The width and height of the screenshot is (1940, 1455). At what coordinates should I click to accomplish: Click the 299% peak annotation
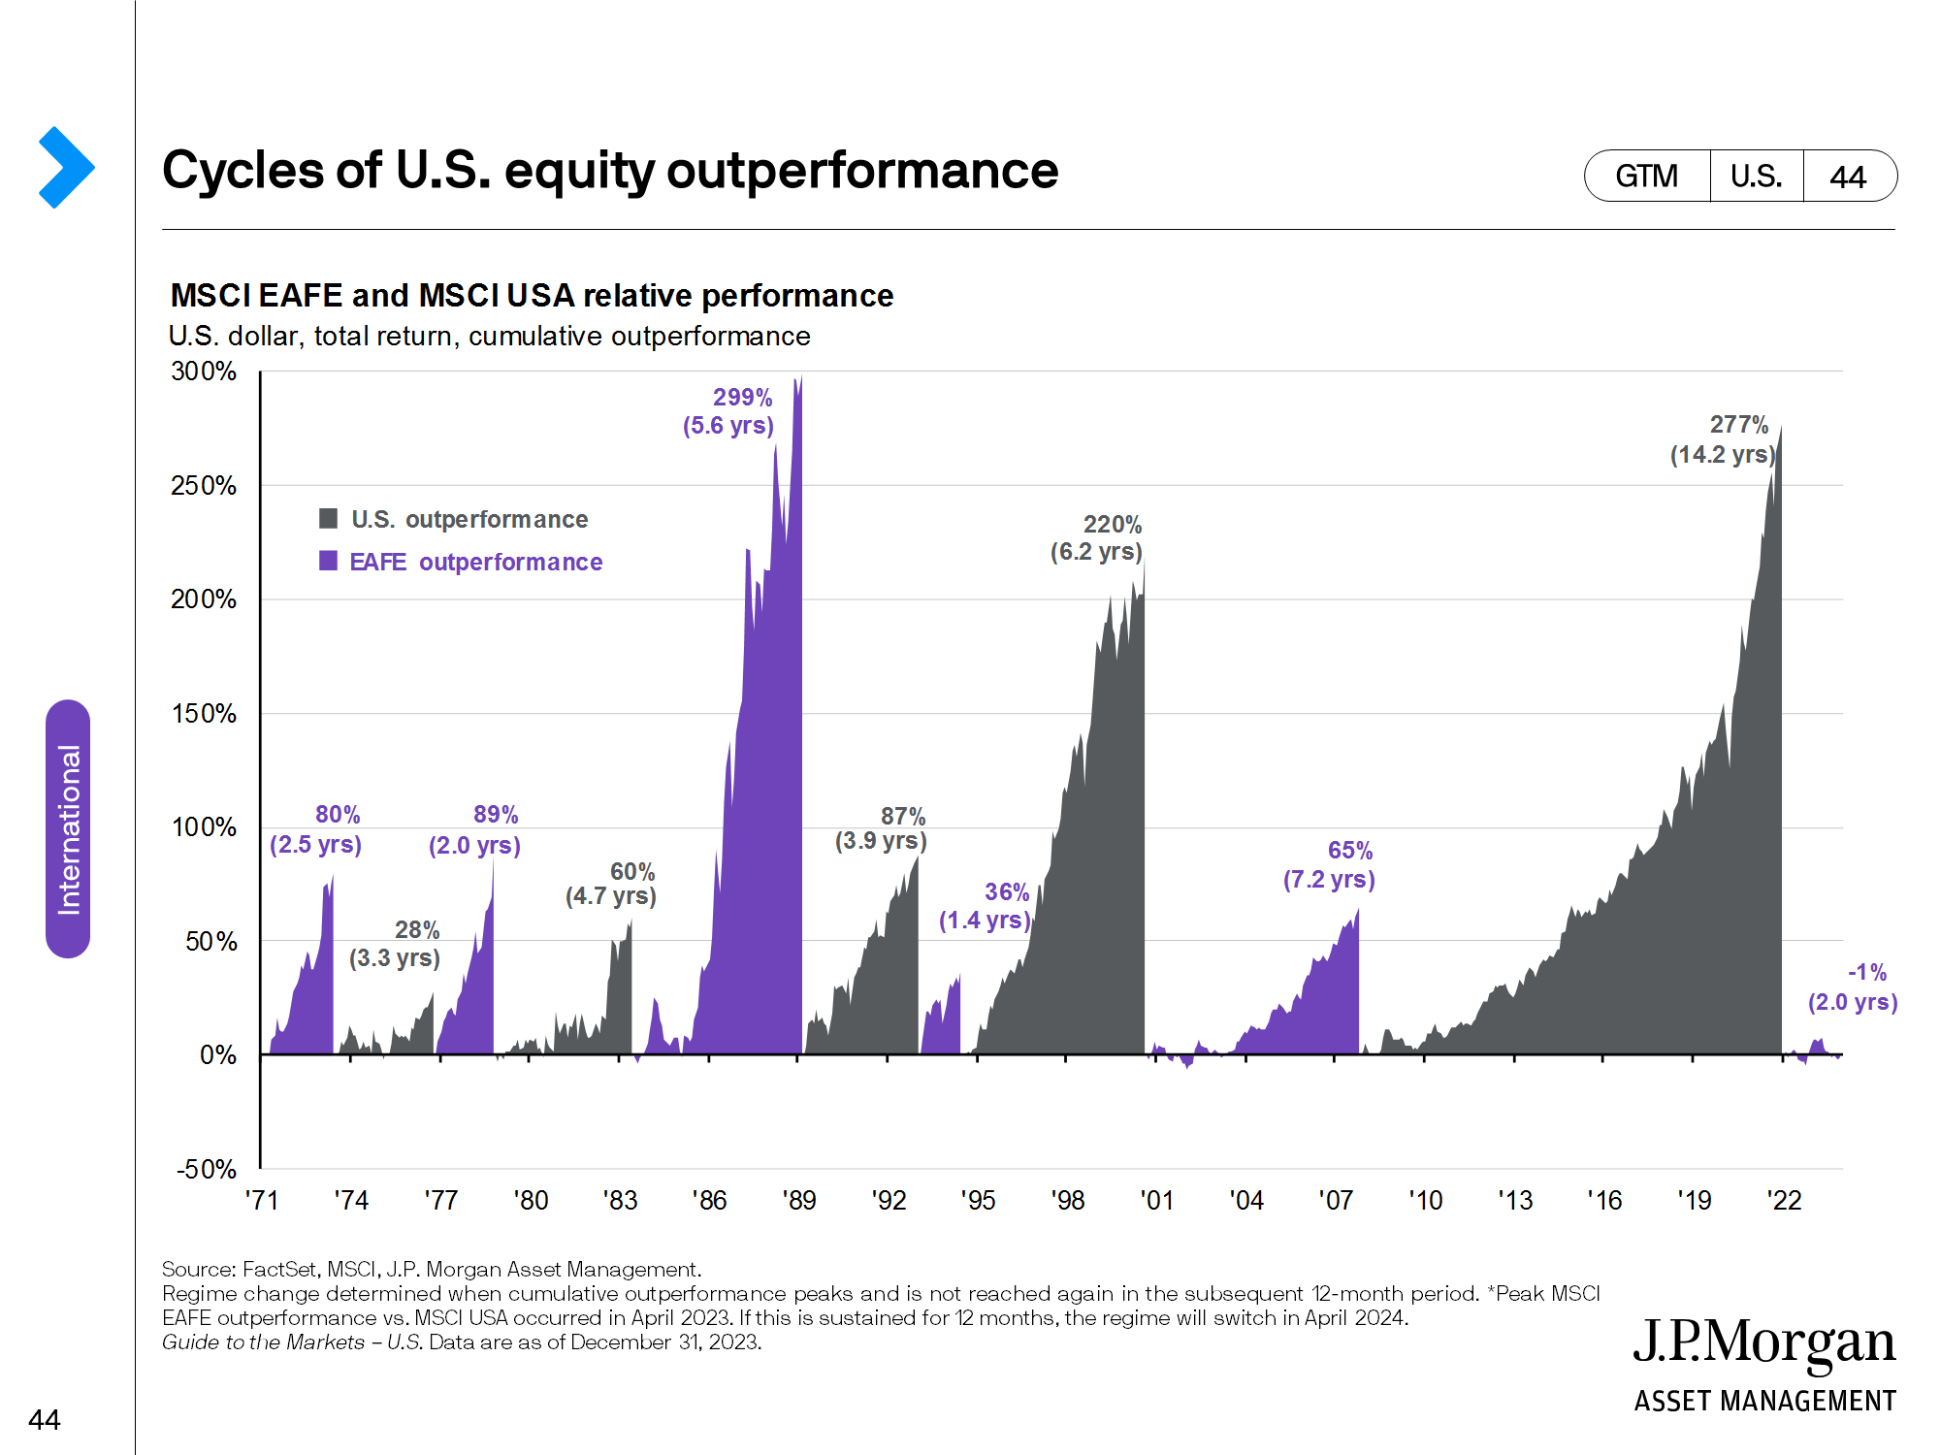742,398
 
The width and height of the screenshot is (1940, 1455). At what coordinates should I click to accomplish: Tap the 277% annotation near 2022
1738,425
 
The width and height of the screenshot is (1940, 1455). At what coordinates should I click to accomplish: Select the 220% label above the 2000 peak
1112,525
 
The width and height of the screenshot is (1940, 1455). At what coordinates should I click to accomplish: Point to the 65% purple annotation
1349,851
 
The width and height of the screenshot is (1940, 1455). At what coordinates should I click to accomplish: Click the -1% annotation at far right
1866,972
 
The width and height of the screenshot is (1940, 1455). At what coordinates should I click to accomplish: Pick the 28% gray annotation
417,930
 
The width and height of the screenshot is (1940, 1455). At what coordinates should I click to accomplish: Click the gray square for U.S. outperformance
329,519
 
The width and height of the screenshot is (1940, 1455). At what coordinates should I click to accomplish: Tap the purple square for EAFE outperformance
329,561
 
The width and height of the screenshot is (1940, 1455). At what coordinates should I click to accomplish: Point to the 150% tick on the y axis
204,714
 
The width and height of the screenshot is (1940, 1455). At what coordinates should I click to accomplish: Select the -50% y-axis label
206,1169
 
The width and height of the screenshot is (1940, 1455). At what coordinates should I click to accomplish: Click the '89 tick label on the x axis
799,1201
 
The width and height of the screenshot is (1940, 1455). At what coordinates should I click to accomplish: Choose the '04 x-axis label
1246,1201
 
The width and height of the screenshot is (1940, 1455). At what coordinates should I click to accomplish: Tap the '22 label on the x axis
1784,1201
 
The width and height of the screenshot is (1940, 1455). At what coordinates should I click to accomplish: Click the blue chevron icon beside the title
66,168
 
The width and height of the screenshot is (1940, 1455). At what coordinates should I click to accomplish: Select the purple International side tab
68,829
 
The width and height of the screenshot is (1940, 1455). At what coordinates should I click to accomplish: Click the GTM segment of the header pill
1646,177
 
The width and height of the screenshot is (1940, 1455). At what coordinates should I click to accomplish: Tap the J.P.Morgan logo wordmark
1763,1343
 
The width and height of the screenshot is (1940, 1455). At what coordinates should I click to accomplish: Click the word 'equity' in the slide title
579,172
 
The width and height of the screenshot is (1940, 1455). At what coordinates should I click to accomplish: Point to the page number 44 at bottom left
45,1420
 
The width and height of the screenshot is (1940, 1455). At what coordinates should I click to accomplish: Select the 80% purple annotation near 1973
337,815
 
